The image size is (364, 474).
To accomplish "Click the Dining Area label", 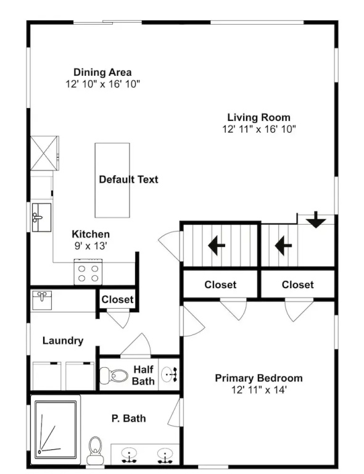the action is coord(102,72).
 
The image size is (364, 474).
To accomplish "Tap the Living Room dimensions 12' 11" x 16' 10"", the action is coord(259,129).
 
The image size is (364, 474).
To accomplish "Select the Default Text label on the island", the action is coord(128,179).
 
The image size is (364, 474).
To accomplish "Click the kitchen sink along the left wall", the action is coord(41,217).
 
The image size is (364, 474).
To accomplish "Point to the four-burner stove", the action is coord(88,272).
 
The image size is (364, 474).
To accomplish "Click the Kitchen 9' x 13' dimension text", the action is coord(91,246).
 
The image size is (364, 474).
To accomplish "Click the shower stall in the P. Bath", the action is coord(56,430).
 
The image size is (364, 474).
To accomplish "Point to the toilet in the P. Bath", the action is coord(95,450).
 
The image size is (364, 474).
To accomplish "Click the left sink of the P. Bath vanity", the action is coord(130,456).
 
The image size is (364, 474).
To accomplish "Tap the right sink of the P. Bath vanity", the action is coord(165,456).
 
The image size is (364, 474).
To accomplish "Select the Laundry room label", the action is coord(63,341).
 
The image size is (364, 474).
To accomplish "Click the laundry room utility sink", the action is coord(42,300).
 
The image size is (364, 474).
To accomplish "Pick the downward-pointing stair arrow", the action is coord(316,220).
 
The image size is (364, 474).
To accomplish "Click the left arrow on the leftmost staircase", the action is coord(217,245).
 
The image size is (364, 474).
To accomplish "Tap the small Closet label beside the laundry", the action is coord(117,299).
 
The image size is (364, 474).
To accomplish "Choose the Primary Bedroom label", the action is coord(259,378).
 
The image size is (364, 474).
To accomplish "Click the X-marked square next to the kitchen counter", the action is coord(44,153).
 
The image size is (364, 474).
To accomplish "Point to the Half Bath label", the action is coord(144,375).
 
